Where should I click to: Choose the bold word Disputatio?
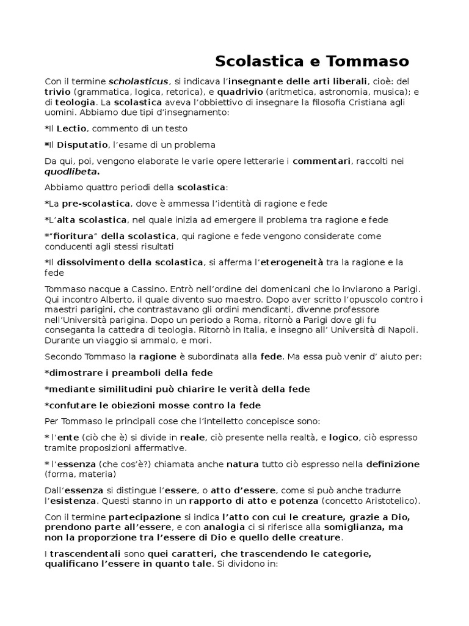point(82,144)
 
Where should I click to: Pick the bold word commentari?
point(321,161)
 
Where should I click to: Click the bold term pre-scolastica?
point(96,203)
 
